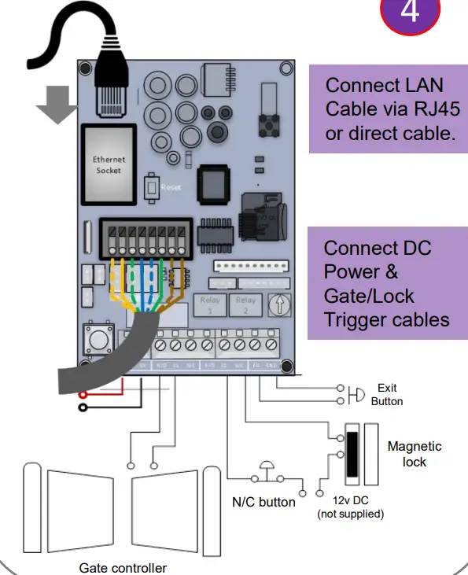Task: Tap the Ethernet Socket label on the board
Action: [109, 164]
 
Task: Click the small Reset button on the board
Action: [152, 188]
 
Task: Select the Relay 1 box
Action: [212, 304]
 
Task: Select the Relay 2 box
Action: [245, 304]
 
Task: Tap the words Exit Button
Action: [387, 394]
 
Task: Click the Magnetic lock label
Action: [415, 454]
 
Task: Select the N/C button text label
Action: [263, 502]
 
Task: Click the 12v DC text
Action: [350, 501]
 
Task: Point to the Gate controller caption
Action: [123, 567]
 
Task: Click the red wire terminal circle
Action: [82, 393]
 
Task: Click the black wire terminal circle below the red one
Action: [82, 407]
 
